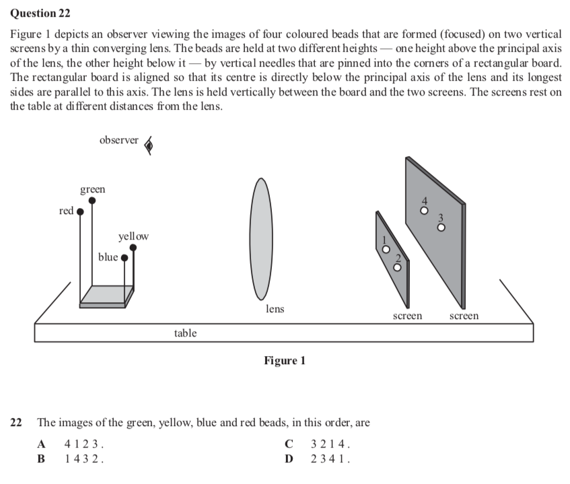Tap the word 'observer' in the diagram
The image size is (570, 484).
coord(118,140)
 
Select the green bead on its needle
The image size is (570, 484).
coord(92,201)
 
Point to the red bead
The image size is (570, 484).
coord(80,211)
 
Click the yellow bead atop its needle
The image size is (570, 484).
coord(133,248)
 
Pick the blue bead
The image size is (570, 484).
coord(124,257)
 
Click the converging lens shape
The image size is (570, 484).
coord(260,239)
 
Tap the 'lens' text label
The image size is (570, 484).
coord(275,309)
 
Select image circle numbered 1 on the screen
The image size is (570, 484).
coord(386,249)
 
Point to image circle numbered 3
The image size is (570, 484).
coord(441,227)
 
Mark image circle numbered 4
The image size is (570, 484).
coord(424,210)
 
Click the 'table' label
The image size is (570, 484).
coord(185,333)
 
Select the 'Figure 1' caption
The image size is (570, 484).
coord(285,361)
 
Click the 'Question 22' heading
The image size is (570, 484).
coord(40,13)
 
